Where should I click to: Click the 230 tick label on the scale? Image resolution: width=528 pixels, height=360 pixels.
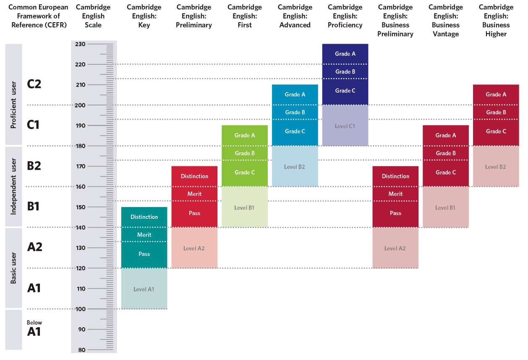coord(80,44)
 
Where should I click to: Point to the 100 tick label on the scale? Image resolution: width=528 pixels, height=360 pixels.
coord(80,309)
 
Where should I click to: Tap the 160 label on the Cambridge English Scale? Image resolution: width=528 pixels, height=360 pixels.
coord(80,187)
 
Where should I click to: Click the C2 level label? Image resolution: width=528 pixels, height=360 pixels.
coord(34,84)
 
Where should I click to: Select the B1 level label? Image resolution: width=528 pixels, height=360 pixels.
coord(34,207)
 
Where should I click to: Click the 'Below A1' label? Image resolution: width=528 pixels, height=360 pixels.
coord(34,329)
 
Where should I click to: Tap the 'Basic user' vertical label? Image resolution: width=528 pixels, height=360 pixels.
coord(13,268)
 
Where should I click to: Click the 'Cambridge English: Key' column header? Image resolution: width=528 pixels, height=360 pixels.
coord(144,16)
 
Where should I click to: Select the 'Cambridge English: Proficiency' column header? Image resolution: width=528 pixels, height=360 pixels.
coord(345,16)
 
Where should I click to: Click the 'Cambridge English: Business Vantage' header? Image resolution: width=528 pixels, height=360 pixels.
coord(446,21)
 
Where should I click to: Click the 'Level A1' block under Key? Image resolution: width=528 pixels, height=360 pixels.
coord(144,289)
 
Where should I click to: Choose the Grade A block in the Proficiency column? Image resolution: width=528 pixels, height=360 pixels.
coord(345,54)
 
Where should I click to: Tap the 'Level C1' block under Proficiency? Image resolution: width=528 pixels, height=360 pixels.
coord(345,126)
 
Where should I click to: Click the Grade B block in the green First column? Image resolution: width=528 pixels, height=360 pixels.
coord(245,153)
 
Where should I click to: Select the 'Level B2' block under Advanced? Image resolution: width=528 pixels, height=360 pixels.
coord(295,167)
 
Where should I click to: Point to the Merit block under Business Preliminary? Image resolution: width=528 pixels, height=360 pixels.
coord(395,194)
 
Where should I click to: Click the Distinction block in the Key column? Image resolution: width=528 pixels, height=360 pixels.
coord(144,217)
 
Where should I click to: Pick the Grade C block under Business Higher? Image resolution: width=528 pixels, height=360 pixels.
coord(496,131)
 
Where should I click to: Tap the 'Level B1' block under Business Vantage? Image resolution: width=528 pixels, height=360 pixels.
coord(445,208)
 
